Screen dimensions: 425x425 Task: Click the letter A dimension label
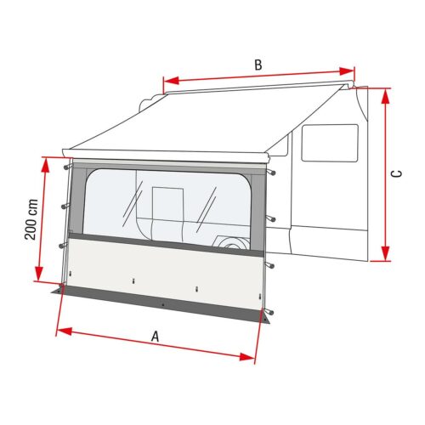pos(155,337)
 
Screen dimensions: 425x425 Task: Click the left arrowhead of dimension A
pos(60,326)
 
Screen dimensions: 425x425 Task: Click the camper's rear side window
pos(330,142)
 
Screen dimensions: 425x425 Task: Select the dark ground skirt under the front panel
pos(161,303)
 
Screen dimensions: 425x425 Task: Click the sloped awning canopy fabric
pos(212,127)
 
